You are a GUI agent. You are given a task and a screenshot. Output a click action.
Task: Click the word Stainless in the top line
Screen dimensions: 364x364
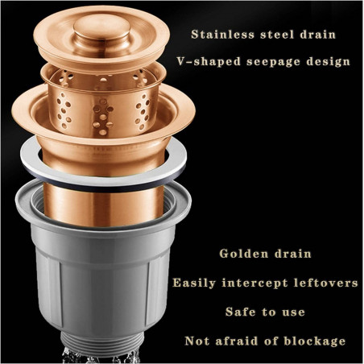[222, 35]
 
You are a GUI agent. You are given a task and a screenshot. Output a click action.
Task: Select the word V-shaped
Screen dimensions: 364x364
[209, 61]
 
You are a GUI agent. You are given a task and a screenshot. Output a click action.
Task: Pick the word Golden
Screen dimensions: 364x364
[244, 254]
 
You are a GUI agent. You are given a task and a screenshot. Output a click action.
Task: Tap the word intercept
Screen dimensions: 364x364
[254, 283]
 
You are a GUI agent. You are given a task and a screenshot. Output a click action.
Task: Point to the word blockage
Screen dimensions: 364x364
[315, 341]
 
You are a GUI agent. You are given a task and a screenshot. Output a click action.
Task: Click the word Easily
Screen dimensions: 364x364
[194, 283]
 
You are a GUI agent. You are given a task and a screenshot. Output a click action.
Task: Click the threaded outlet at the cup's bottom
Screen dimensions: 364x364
[102, 341]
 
